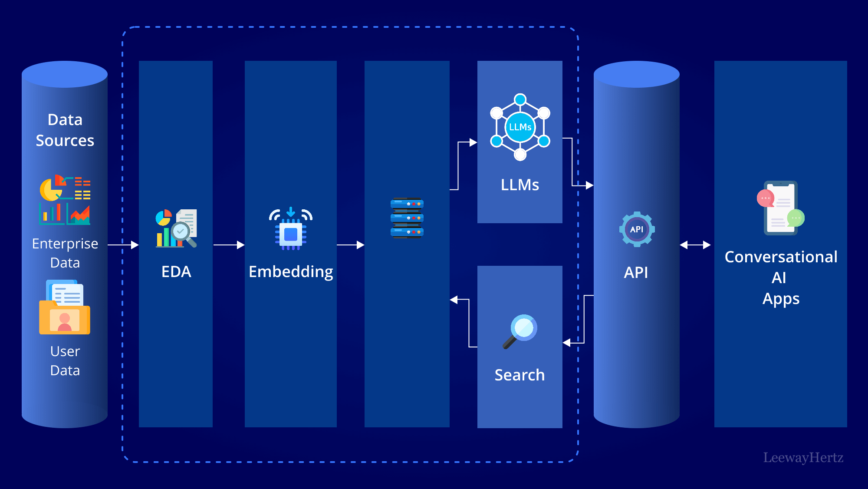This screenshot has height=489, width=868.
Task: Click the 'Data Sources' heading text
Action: click(65, 130)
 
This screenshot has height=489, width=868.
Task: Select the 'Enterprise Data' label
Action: click(65, 253)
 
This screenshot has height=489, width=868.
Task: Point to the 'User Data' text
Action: click(65, 360)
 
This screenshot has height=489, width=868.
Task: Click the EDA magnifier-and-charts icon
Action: click(176, 228)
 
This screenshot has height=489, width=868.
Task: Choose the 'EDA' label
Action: click(176, 272)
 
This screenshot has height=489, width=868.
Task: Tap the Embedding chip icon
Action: click(291, 229)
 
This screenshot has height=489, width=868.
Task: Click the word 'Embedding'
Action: click(291, 272)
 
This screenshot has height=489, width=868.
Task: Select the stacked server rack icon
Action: click(407, 218)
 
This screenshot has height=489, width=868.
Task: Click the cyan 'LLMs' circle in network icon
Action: click(520, 127)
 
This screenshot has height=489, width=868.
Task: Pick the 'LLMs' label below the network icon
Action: click(520, 185)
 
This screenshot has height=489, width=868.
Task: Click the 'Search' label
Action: click(519, 375)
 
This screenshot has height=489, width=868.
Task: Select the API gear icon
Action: click(637, 229)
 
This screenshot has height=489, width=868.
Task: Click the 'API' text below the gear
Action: click(636, 273)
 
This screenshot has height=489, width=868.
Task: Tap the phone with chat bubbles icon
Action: click(780, 208)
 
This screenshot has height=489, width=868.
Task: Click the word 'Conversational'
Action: click(781, 257)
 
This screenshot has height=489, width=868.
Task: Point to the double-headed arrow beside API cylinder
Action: click(695, 245)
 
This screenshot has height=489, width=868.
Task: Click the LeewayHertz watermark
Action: click(803, 458)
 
